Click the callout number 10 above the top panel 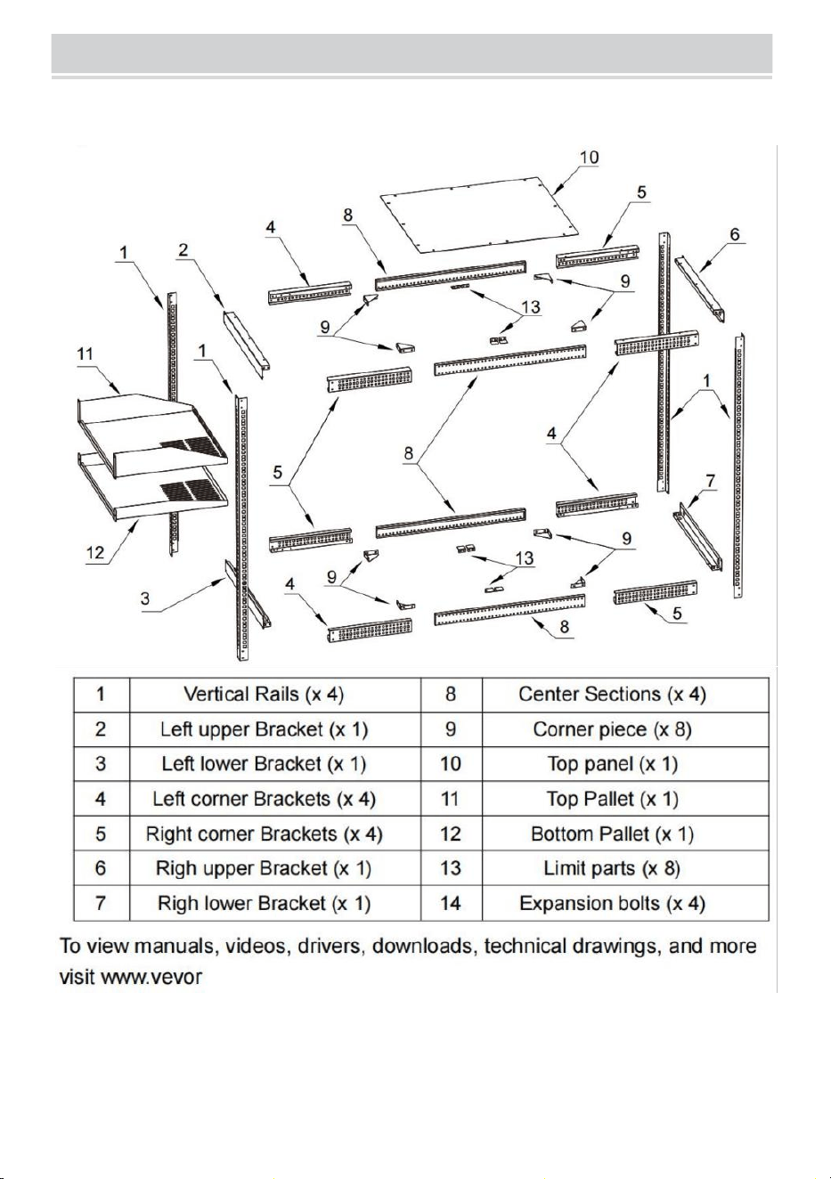[590, 157]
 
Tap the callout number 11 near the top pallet [85, 354]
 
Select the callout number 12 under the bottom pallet [95, 552]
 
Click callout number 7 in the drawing [711, 481]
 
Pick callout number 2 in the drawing [183, 249]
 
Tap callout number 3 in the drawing [145, 598]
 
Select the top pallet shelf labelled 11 [151, 433]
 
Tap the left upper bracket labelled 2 [247, 344]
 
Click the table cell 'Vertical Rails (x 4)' [264, 694]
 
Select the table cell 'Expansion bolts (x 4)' [612, 903]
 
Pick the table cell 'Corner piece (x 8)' [612, 729]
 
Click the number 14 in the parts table [451, 903]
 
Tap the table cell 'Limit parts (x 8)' [612, 868]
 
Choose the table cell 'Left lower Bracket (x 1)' [264, 764]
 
